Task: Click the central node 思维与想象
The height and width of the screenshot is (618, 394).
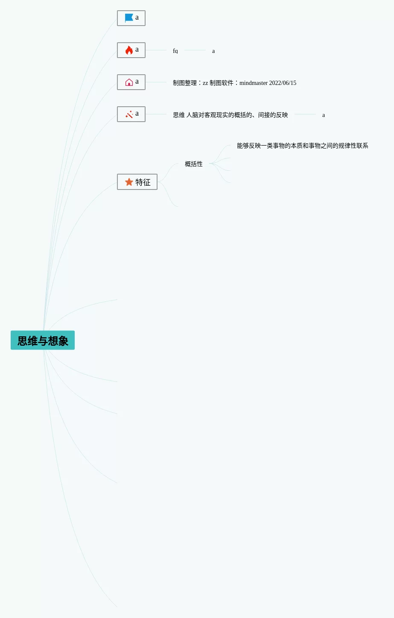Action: (x=43, y=340)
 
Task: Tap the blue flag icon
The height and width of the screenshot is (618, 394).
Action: (x=129, y=18)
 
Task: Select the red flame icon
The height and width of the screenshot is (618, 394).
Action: (x=129, y=50)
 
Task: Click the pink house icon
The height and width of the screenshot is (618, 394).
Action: (x=129, y=82)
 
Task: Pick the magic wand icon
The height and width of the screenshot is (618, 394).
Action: (x=129, y=114)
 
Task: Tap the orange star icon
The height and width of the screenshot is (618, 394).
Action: (x=129, y=182)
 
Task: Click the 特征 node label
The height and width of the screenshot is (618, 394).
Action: (x=143, y=182)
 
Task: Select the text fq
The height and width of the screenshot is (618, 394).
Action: (x=175, y=51)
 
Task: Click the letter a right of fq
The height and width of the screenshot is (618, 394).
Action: (x=213, y=51)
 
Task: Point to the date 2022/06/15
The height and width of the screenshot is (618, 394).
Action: (x=283, y=83)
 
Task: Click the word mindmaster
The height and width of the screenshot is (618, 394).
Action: (x=254, y=83)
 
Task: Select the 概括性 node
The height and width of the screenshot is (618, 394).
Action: (x=194, y=164)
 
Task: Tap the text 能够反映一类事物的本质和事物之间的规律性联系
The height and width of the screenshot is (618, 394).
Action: (x=302, y=146)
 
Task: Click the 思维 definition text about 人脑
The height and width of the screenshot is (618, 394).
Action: (x=231, y=115)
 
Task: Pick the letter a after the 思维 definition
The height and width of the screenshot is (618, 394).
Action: (x=324, y=115)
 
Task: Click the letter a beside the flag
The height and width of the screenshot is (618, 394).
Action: (x=137, y=17)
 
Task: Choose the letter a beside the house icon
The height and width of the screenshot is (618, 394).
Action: (x=137, y=82)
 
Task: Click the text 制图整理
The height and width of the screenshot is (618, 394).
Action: (x=185, y=83)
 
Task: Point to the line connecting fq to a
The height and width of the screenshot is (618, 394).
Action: (x=195, y=50)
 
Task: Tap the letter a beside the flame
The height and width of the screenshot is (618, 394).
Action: (x=137, y=50)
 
